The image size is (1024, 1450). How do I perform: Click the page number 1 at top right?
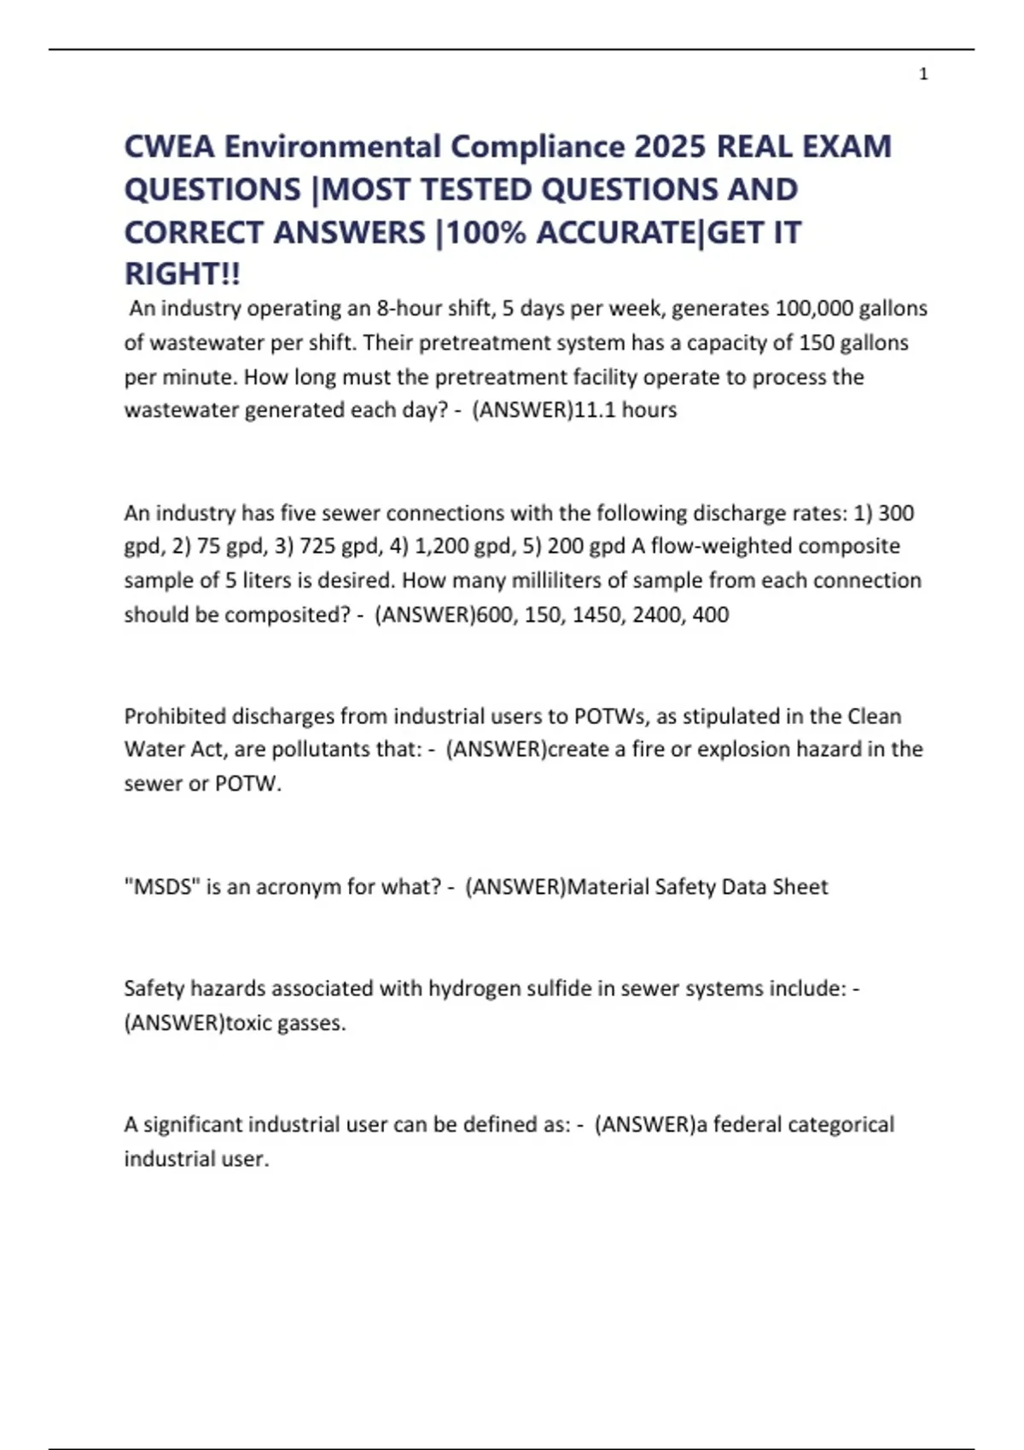point(923,74)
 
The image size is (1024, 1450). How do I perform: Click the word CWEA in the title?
point(169,147)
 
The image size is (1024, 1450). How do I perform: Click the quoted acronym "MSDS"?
point(162,887)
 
